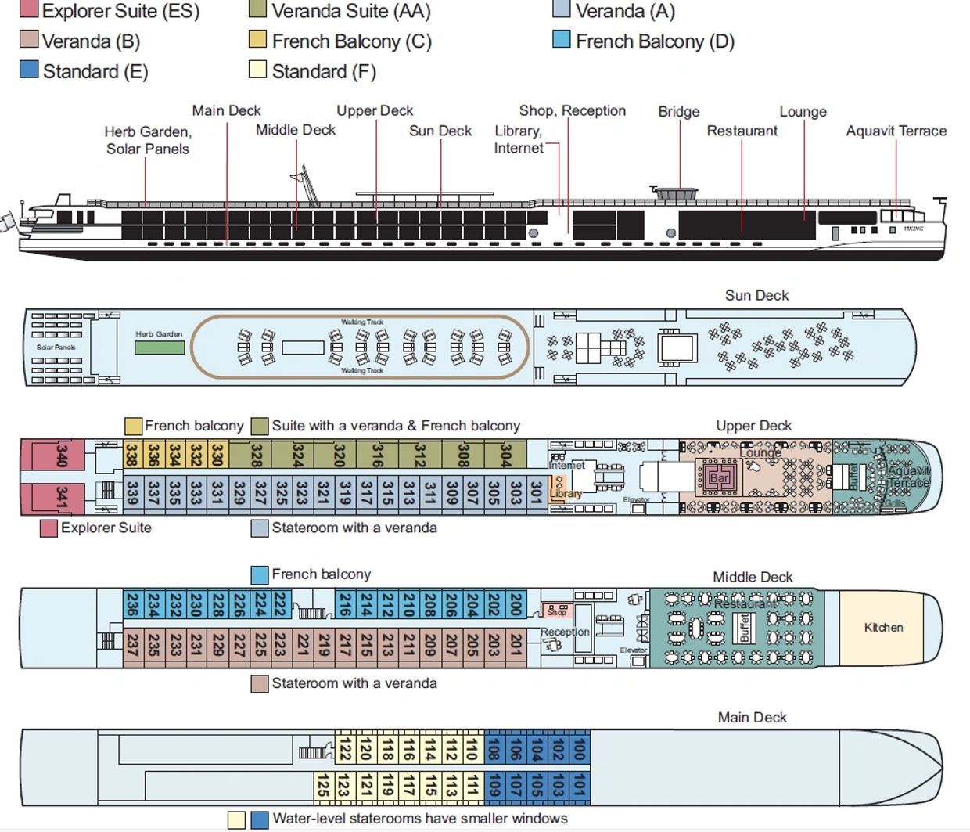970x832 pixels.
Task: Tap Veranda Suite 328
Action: [x=256, y=454]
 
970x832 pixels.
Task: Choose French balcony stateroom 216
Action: [x=345, y=603]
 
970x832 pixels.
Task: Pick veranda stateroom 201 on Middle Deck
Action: [x=516, y=644]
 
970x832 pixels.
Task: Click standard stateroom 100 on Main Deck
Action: [x=579, y=749]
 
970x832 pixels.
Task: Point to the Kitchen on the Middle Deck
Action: [x=883, y=627]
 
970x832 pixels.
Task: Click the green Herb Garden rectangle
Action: [x=160, y=347]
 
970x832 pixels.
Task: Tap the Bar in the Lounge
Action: [x=719, y=477]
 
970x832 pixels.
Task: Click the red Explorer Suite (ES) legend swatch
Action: [x=28, y=10]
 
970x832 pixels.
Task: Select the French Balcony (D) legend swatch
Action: [x=561, y=39]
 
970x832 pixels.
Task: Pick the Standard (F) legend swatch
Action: [x=257, y=70]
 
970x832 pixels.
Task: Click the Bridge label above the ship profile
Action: [x=678, y=111]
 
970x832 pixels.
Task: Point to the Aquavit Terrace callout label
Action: [x=896, y=131]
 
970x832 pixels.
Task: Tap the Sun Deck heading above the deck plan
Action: [x=756, y=295]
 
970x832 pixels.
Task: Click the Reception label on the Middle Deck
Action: [x=565, y=632]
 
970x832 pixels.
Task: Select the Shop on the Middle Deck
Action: [x=556, y=611]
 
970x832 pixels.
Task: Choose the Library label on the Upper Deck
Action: [x=566, y=494]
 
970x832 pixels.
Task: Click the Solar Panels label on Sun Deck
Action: [x=56, y=347]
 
